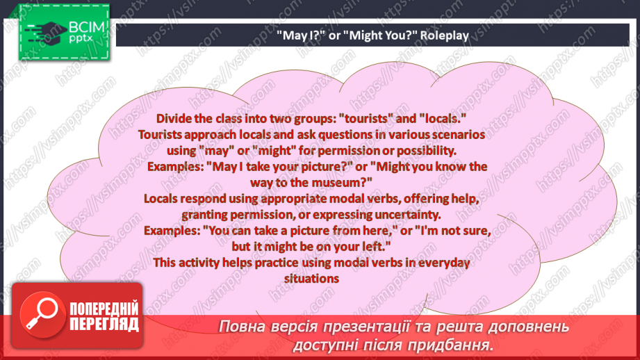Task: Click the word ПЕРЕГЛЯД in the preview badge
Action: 104,324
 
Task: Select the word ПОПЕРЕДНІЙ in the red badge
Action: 104,309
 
